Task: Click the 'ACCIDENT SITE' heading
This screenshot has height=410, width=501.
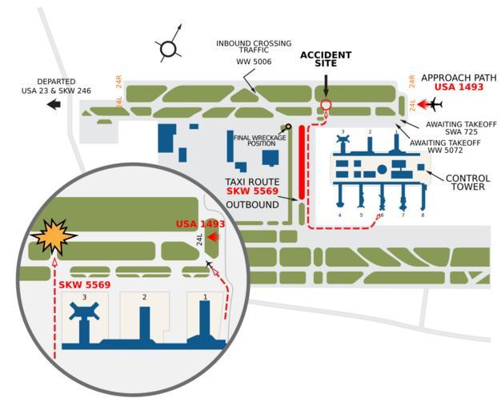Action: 325,59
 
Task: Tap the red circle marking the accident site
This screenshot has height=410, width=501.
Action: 326,105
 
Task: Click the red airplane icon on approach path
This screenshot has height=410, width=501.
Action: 433,104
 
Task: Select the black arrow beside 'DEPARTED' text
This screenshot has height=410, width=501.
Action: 54,104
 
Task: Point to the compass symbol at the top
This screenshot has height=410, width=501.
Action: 168,50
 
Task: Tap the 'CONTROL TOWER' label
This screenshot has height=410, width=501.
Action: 467,183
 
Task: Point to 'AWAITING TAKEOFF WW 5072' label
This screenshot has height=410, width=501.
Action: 444,147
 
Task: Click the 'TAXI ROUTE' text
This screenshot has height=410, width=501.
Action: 252,182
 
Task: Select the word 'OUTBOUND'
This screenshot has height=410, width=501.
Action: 252,205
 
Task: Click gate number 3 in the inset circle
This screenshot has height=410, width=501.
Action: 84,297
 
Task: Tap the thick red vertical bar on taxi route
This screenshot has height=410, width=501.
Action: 302,161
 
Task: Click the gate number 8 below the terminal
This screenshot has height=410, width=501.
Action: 422,215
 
